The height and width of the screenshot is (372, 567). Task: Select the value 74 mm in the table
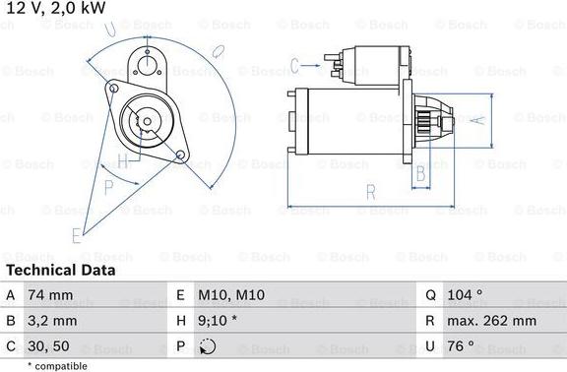pos(52,294)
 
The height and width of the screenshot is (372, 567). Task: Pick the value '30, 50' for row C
pos(50,346)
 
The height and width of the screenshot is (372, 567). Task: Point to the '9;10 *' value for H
pos(218,321)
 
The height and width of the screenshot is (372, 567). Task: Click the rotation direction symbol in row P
pos(207,346)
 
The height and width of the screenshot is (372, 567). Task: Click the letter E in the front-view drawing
pos(76,234)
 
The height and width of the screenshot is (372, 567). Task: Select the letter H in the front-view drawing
pos(122,160)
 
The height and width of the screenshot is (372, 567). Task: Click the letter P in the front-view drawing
pos(108,186)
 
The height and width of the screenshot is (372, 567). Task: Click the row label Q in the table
pos(431,294)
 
